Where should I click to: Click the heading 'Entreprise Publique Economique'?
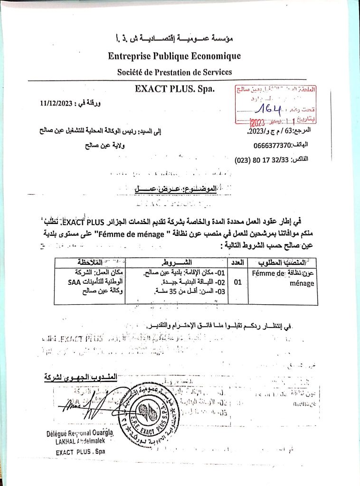click(x=174, y=56)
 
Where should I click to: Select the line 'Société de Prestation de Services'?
click(x=174, y=72)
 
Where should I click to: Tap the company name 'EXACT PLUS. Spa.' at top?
click(x=175, y=89)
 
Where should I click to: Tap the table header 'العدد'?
click(x=237, y=262)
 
